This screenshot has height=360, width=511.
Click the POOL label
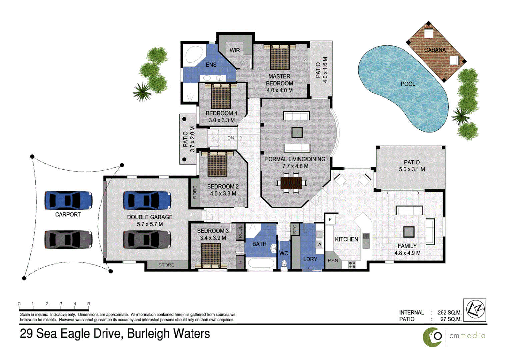pyautogui.click(x=408, y=84)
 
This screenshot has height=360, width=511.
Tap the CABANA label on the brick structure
pyautogui.click(x=435, y=50)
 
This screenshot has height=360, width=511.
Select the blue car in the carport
pyautogui.click(x=68, y=200)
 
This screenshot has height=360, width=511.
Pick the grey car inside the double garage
pyautogui.click(x=147, y=240)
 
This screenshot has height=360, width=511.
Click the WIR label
pyautogui.click(x=235, y=50)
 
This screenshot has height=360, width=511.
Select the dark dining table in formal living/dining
pyautogui.click(x=291, y=183)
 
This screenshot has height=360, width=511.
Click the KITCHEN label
pyautogui.click(x=346, y=239)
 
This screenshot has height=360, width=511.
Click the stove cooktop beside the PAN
pyautogui.click(x=352, y=265)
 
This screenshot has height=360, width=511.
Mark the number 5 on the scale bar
pyautogui.click(x=89, y=304)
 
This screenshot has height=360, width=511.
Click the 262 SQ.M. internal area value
pyautogui.click(x=449, y=312)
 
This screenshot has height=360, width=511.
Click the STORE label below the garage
pyautogui.click(x=166, y=265)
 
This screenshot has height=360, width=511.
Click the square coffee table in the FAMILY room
pyautogui.click(x=409, y=232)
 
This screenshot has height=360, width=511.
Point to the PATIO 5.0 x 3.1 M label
pyautogui.click(x=412, y=166)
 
